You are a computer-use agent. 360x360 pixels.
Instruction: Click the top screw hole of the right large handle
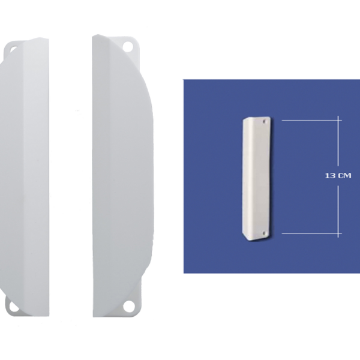pyautogui.click(x=128, y=46)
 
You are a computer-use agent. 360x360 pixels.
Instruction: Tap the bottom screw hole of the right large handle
pyautogui.click(x=128, y=307)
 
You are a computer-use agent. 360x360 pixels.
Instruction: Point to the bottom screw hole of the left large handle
pyautogui.click(x=12, y=306)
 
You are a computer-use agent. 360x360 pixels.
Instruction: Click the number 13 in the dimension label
pyautogui.click(x=329, y=176)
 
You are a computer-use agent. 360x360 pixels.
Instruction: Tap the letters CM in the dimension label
pyautogui.click(x=344, y=176)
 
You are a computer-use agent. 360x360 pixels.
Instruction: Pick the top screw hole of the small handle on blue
pyautogui.click(x=266, y=122)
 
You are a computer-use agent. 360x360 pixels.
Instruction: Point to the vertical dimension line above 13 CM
pyautogui.click(x=338, y=144)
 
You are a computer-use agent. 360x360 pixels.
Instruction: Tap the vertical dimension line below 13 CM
pyautogui.click(x=338, y=207)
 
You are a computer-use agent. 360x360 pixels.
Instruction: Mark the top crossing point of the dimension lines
pyautogui.click(x=338, y=120)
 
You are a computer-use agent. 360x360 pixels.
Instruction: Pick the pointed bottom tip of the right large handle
pyautogui.click(x=94, y=316)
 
